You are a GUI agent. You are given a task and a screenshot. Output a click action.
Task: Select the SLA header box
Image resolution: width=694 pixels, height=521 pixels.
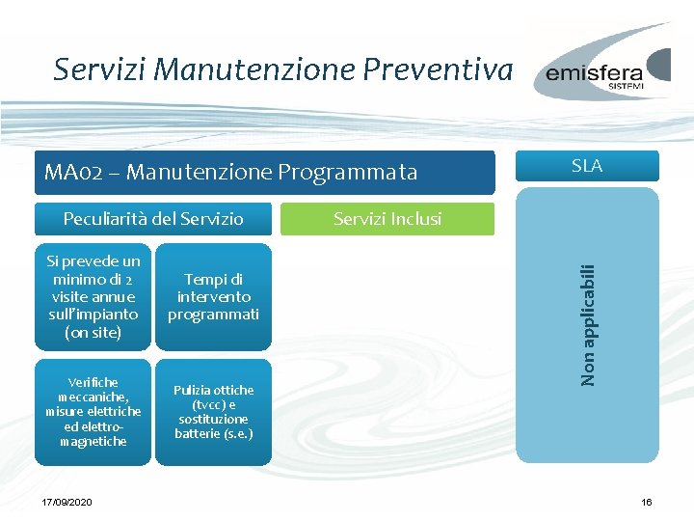tap(586, 166)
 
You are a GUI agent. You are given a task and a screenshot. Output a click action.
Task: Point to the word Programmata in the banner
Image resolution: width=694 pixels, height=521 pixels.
tap(348, 173)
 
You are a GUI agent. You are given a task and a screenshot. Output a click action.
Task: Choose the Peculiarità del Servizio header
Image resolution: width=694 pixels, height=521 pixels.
tap(153, 219)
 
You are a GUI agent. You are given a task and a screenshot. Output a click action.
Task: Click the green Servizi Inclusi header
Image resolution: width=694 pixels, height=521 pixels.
tap(387, 219)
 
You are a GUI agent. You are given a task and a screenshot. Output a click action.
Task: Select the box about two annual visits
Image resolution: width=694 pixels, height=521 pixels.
tap(93, 296)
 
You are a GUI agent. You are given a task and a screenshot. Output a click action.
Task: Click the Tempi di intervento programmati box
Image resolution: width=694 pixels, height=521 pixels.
tap(213, 296)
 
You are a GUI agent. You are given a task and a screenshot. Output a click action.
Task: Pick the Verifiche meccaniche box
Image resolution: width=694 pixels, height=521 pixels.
tap(93, 412)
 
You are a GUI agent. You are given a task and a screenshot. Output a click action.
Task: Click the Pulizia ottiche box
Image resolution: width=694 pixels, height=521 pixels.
tap(213, 412)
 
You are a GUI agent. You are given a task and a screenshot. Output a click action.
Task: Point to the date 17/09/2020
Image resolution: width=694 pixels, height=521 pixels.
tap(67, 503)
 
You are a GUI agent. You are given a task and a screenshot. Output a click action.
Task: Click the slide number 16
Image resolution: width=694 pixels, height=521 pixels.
tap(647, 503)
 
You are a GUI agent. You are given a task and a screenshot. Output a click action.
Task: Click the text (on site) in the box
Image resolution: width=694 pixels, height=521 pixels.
tap(93, 332)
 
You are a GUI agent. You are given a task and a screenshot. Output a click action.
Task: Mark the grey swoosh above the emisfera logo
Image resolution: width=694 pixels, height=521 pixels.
tap(617, 43)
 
